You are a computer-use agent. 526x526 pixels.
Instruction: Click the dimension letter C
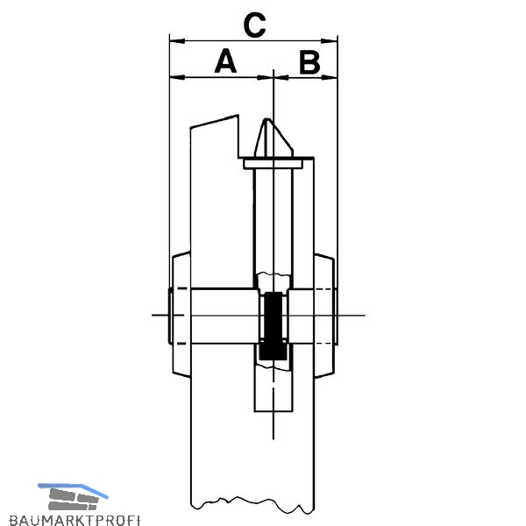(254, 25)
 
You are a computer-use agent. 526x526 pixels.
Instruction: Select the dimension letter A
(225, 60)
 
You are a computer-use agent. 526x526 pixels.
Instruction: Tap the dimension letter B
(309, 62)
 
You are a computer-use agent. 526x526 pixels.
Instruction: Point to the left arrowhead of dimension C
(177, 41)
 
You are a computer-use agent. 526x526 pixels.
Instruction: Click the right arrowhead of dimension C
(329, 41)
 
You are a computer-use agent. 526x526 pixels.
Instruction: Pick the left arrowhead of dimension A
(177, 77)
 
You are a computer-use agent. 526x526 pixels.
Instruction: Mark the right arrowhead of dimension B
(329, 77)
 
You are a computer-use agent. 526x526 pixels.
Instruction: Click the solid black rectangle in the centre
(274, 325)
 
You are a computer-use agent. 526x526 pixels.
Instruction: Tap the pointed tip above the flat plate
(267, 119)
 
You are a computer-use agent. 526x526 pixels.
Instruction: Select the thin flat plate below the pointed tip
(274, 164)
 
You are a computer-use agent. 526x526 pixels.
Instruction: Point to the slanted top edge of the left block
(215, 121)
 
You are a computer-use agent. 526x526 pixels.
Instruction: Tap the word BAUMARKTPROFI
(75, 520)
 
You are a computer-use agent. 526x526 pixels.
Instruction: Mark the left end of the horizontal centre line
(153, 315)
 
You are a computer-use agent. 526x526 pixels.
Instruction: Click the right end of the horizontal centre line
(365, 316)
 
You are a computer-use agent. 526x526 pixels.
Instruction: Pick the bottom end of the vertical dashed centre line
(274, 439)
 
